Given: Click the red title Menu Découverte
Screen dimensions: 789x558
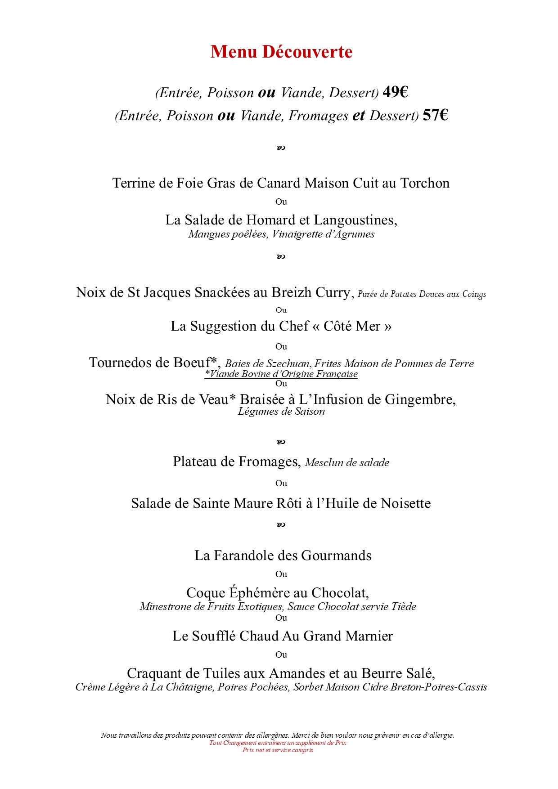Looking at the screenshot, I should [x=281, y=52].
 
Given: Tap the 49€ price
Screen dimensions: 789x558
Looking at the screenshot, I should [x=395, y=92].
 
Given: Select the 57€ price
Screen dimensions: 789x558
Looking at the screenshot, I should [x=435, y=115].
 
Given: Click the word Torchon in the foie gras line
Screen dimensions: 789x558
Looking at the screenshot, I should [x=425, y=183].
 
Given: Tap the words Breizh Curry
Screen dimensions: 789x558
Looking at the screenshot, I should [x=310, y=292].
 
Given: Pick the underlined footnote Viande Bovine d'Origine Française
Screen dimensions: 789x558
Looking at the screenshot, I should [x=281, y=374].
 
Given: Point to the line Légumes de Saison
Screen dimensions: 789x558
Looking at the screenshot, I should [x=281, y=411].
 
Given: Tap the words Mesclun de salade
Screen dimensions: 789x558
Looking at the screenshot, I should [x=347, y=462].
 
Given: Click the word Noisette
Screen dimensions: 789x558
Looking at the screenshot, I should [x=405, y=503].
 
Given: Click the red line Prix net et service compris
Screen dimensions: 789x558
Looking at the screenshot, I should [x=278, y=750].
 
